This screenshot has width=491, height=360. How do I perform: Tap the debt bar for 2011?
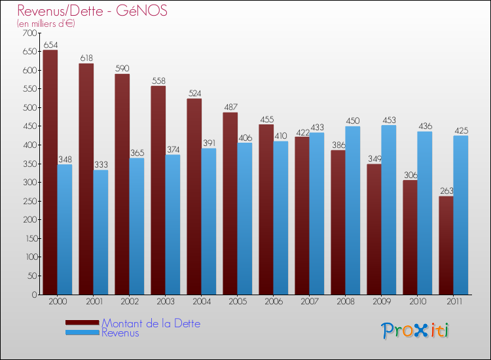[x=446, y=245]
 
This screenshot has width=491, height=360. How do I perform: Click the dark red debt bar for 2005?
[x=230, y=204]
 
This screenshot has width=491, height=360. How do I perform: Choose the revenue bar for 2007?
[x=317, y=213]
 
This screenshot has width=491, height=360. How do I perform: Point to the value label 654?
[x=50, y=45]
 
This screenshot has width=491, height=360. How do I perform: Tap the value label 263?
[x=446, y=191]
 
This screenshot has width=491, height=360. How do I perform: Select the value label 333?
[x=101, y=165]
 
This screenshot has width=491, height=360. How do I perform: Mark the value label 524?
[x=194, y=94]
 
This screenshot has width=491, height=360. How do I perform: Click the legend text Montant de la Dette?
[x=151, y=323]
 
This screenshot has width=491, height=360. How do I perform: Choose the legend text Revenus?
[x=120, y=333]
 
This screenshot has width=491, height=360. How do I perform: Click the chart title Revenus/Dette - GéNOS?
[x=92, y=10]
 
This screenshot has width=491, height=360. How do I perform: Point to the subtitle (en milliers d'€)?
[x=46, y=24]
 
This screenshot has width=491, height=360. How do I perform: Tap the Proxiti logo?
[x=416, y=331]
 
